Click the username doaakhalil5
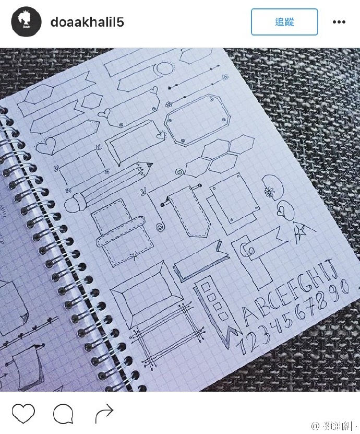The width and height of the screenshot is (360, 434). [87, 22]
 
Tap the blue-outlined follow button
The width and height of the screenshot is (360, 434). [284, 22]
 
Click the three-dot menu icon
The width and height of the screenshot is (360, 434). [339, 22]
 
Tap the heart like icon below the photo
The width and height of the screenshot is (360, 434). [23, 414]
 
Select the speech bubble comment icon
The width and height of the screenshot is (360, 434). [63, 414]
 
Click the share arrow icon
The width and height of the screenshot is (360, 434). [104, 414]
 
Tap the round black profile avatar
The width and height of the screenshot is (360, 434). [27, 22]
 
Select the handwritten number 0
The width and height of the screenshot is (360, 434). [344, 286]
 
